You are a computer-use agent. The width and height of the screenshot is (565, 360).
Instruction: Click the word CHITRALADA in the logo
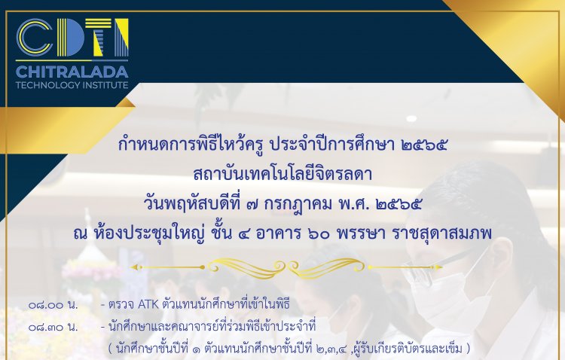(x=72, y=72)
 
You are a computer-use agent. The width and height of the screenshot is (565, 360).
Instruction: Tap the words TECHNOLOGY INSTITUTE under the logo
(x=72, y=85)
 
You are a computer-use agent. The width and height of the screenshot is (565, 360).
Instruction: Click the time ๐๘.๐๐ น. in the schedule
(x=53, y=305)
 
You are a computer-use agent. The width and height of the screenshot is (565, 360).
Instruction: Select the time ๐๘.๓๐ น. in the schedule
(x=53, y=327)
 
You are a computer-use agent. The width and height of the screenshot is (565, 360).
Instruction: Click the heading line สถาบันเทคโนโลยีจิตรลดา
(x=282, y=175)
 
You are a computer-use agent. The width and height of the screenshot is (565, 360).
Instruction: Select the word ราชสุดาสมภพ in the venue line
(x=441, y=235)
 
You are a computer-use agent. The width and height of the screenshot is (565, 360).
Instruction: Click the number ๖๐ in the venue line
(x=319, y=235)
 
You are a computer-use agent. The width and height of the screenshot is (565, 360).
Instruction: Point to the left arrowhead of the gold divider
(x=133, y=267)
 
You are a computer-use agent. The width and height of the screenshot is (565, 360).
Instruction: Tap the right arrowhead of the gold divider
(x=438, y=267)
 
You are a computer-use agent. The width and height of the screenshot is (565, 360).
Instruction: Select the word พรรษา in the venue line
(x=361, y=235)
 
